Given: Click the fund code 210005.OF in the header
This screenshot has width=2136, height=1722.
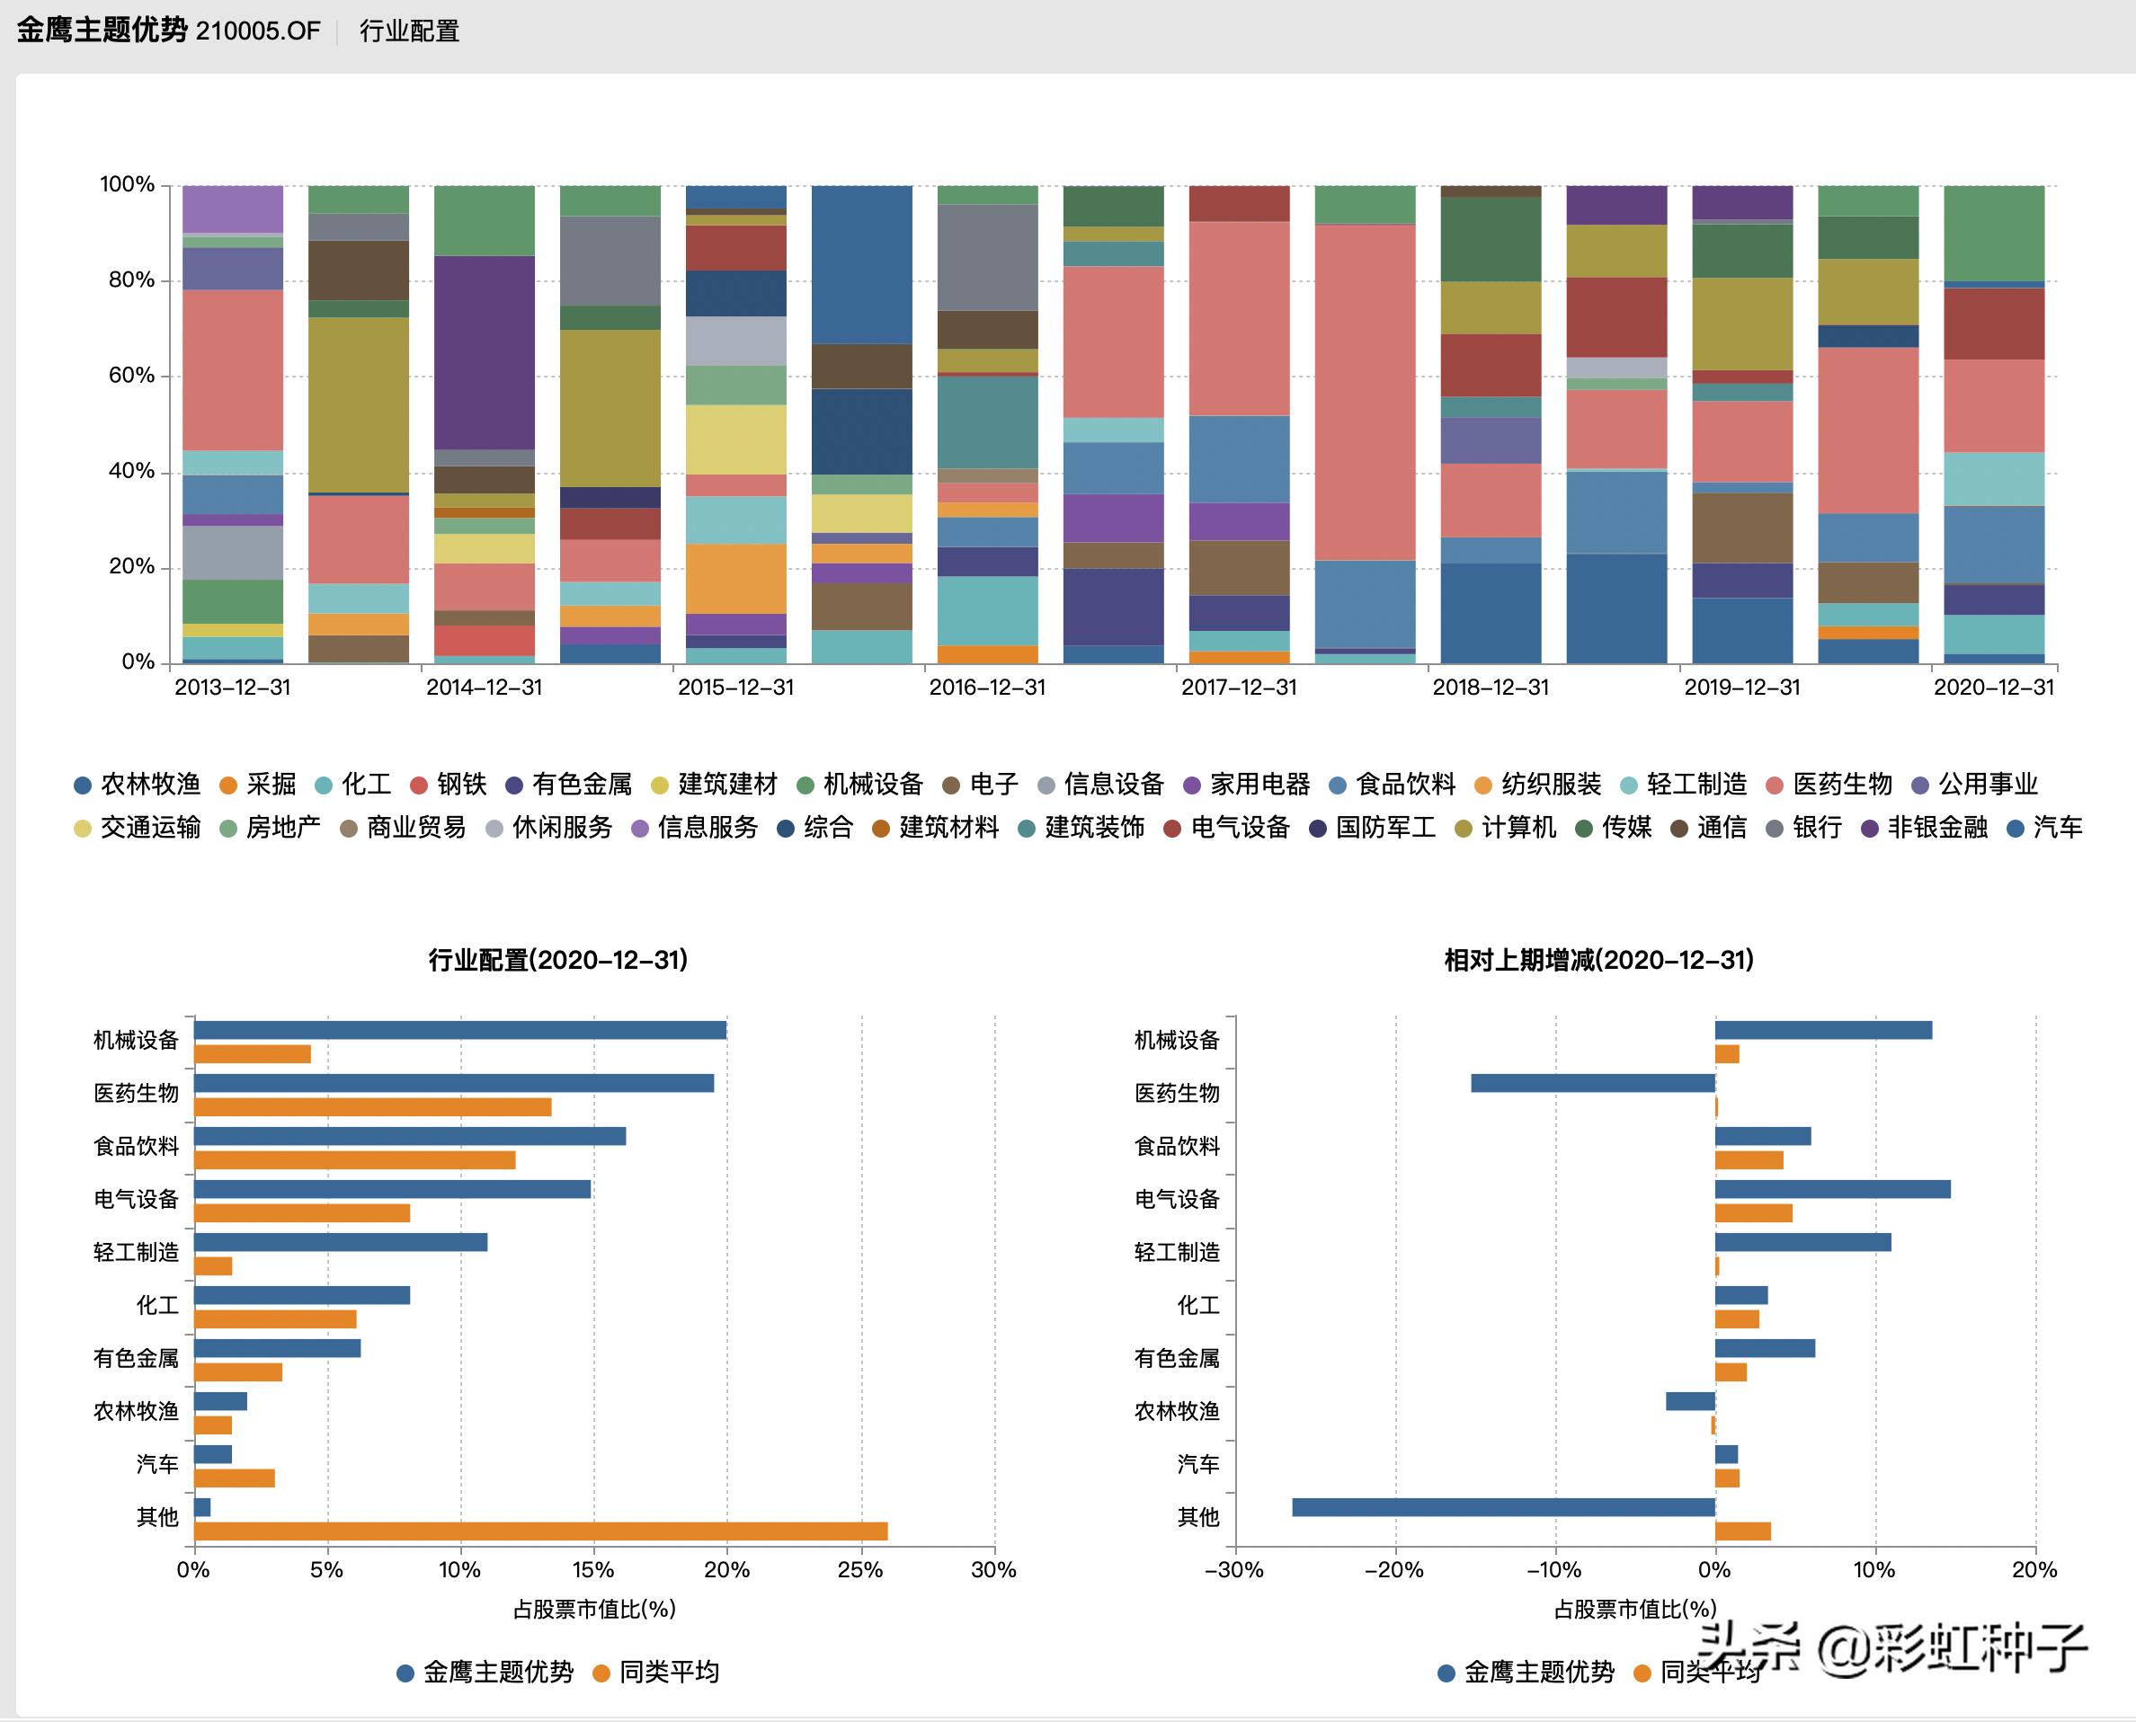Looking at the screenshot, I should [x=258, y=31].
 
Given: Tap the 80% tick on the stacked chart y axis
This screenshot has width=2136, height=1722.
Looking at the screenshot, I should [x=131, y=280].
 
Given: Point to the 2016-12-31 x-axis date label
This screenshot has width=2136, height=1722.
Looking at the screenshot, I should [x=987, y=688].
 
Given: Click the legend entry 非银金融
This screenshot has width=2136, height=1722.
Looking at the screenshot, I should [x=1936, y=827].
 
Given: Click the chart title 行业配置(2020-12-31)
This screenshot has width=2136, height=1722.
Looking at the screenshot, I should [x=557, y=960].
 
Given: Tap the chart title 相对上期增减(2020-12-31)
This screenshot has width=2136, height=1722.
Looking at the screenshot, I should [x=1598, y=960].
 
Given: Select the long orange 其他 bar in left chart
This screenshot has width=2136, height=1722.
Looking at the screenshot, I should [x=540, y=1531].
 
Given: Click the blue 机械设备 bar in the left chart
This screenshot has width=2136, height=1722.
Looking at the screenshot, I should [x=460, y=1031].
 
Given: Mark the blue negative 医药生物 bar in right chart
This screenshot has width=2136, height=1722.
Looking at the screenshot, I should [x=1592, y=1083].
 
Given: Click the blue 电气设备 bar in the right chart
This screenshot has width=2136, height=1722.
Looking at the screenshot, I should [x=1832, y=1189].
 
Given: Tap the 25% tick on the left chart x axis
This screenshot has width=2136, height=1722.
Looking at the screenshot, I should [x=860, y=1570].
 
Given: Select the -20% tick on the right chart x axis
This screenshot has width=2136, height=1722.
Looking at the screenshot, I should [x=1394, y=1570].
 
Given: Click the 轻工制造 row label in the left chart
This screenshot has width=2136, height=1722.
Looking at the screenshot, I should [x=136, y=1253].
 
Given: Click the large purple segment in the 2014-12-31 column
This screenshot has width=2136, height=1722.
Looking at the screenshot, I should [x=485, y=352].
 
